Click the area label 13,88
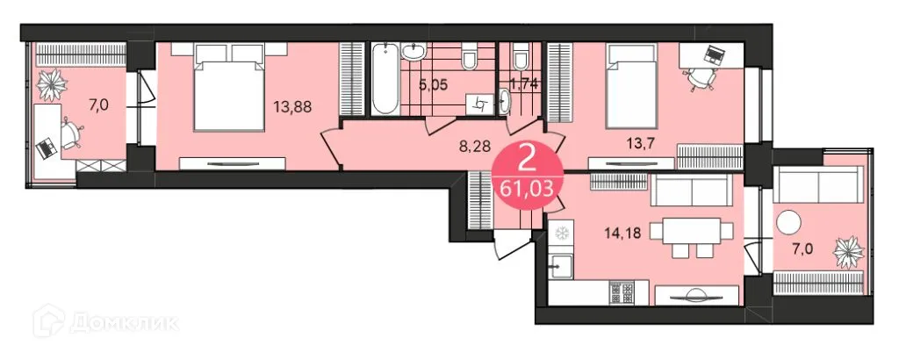coord(293,107)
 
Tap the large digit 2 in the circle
coord(529,159)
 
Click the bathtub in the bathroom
coord(385,78)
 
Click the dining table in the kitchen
coord(688,232)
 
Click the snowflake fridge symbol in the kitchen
coord(560,234)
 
